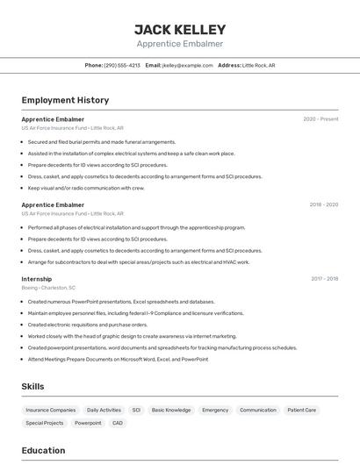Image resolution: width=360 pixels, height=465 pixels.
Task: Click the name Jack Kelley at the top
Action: pyautogui.click(x=180, y=29)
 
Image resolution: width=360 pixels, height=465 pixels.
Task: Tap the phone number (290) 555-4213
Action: pyautogui.click(x=122, y=65)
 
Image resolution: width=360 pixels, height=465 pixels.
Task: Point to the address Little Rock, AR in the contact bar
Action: pyautogui.click(x=259, y=65)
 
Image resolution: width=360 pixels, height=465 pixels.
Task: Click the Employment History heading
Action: pyautogui.click(x=65, y=100)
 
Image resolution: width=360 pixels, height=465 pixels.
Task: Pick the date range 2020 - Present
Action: pyautogui.click(x=320, y=119)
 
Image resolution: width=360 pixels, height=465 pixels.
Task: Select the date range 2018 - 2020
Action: pyautogui.click(x=323, y=204)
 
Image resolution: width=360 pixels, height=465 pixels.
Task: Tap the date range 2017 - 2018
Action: pyautogui.click(x=324, y=279)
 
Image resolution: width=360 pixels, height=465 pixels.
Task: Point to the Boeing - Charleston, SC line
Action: pyautogui.click(x=48, y=288)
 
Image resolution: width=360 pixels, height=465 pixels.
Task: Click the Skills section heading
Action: pyautogui.click(x=32, y=386)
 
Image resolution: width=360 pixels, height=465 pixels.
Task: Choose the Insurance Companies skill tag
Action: pyautogui.click(x=51, y=410)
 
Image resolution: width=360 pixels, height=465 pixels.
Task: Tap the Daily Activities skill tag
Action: pyautogui.click(x=104, y=410)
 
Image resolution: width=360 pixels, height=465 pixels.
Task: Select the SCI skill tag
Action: pyautogui.click(x=136, y=410)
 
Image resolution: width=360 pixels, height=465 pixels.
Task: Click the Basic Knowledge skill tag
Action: pyautogui.click(x=171, y=410)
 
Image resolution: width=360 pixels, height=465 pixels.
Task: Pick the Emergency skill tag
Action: pyautogui.click(x=215, y=410)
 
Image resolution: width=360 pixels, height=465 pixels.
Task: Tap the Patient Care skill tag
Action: pyautogui.click(x=301, y=410)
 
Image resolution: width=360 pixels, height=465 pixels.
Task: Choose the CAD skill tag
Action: pyautogui.click(x=118, y=423)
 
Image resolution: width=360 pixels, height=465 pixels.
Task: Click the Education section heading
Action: pyautogui.click(x=43, y=451)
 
